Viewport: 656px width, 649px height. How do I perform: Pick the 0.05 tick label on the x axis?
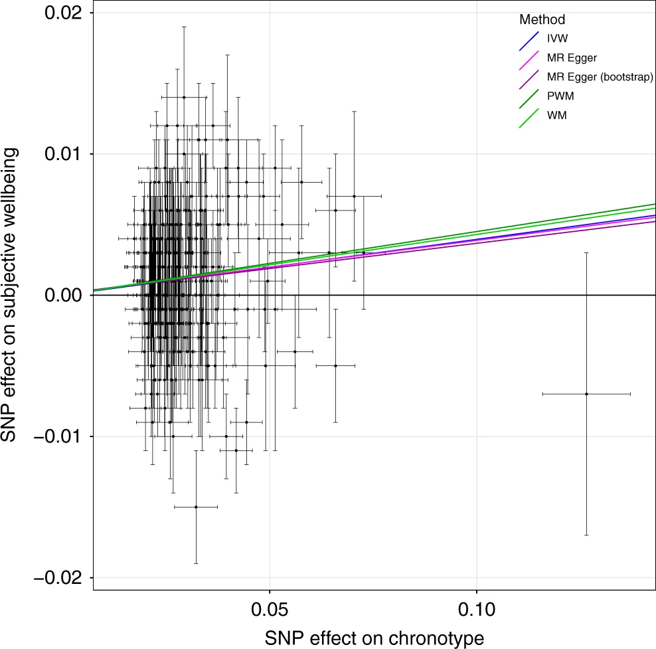(x=270, y=608)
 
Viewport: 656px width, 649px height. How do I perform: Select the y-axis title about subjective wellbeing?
(x=13, y=296)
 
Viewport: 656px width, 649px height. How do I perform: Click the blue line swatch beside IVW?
(x=529, y=40)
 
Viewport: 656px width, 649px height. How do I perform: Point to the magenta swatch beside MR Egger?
(x=529, y=59)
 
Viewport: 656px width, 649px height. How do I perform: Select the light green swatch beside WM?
(x=529, y=117)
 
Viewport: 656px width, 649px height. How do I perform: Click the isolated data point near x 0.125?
(x=586, y=394)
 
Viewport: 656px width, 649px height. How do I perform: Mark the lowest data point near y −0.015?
(x=196, y=507)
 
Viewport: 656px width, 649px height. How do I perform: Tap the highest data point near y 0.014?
(x=184, y=97)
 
